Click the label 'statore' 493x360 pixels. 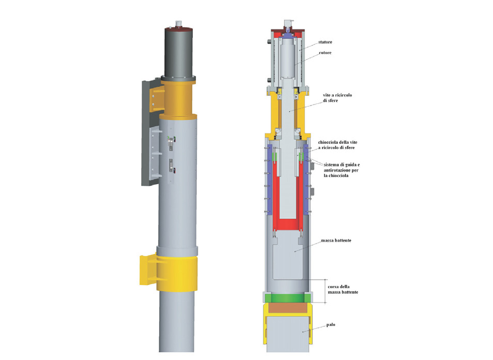tap(325, 42)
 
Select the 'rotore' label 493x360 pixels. tap(325, 53)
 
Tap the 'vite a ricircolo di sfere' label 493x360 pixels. tap(337, 98)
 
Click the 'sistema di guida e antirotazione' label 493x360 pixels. tap(342, 170)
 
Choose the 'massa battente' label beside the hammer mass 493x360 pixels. tap(336, 241)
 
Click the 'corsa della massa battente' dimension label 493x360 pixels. tap(343, 290)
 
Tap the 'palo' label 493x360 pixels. tap(331, 324)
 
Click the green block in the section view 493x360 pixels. tap(288, 298)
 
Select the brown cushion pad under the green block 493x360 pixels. tap(288, 308)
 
